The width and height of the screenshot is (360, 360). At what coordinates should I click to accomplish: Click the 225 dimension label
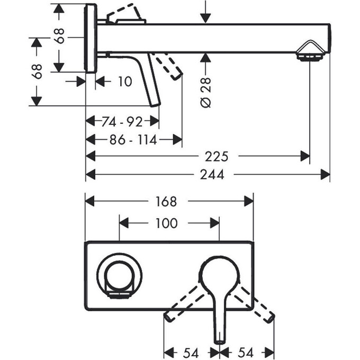click(x=217, y=157)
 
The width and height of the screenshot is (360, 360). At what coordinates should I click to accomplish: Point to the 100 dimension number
click(x=167, y=223)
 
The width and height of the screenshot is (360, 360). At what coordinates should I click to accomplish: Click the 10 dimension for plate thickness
click(x=125, y=82)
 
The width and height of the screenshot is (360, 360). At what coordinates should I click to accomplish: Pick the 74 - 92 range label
click(x=122, y=122)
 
